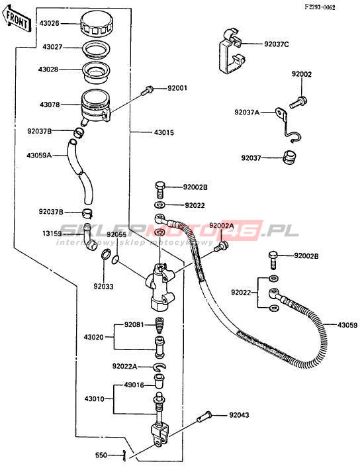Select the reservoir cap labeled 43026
[96, 23]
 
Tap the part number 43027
[52, 47]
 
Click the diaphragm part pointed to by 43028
[96, 71]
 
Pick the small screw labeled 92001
[147, 90]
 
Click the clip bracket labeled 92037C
[232, 50]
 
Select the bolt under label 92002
[298, 102]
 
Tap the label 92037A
[247, 112]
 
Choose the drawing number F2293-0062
[320, 7]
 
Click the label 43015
[164, 132]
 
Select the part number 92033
[103, 286]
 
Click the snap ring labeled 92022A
[160, 367]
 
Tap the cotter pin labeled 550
[125, 455]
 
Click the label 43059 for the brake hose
[347, 325]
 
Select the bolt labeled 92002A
[221, 246]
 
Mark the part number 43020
[93, 338]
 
